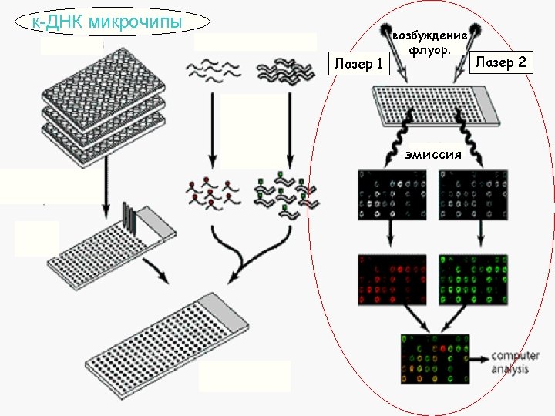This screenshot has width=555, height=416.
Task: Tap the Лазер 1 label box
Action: point(358,64)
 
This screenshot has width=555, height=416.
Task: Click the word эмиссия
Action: point(433,155)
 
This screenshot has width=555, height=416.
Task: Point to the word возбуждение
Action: point(429,36)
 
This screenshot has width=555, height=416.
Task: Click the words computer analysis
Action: point(510,362)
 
